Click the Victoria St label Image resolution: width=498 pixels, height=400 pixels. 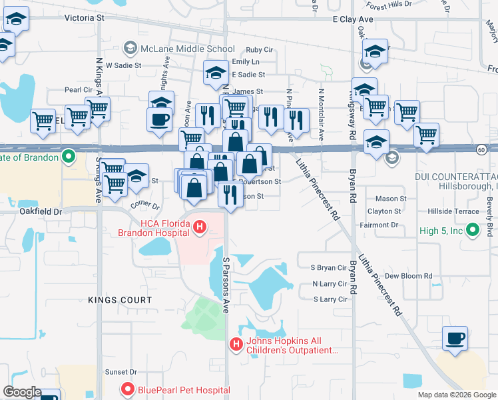point(85,18)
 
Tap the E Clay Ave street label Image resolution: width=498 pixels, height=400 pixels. point(353,19)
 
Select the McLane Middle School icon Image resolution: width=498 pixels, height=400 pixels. point(130,49)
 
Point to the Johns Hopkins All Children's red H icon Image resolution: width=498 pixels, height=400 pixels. point(235,344)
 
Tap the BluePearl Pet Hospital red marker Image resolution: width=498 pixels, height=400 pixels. point(127,389)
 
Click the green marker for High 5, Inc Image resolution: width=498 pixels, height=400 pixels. point(473,231)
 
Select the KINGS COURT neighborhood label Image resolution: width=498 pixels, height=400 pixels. point(120,301)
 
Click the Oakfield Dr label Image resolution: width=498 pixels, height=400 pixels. point(40,211)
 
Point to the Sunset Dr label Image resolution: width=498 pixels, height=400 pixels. point(120,372)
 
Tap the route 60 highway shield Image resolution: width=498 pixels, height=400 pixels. point(481,149)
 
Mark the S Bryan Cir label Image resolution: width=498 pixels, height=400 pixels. point(330,267)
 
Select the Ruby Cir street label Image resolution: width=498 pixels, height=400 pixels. point(260,50)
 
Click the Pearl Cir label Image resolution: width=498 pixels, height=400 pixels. point(78,89)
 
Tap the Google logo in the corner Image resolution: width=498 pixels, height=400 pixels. point(23,392)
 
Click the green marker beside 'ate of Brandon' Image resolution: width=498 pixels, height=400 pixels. point(68,157)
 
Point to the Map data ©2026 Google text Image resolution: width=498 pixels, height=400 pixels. point(456,395)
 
